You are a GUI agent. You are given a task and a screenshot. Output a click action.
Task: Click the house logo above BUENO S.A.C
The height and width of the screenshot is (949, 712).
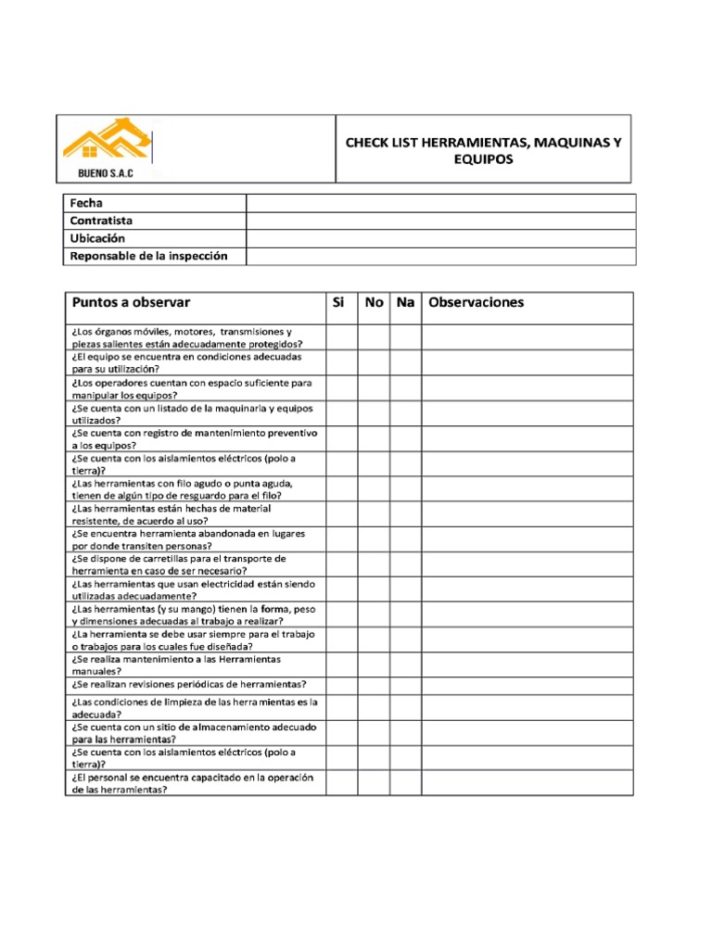coord(106,140)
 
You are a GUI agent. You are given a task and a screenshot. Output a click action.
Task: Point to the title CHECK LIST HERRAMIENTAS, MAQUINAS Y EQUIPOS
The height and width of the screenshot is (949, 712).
coord(483,150)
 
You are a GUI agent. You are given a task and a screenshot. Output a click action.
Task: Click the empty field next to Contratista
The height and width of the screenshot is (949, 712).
coord(440,221)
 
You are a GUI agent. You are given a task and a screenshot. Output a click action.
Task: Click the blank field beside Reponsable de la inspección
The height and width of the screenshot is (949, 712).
coord(440,256)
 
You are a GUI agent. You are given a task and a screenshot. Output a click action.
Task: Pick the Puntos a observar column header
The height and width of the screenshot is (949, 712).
coord(131,303)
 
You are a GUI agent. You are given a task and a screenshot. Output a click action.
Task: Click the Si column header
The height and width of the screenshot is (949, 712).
coord(339,303)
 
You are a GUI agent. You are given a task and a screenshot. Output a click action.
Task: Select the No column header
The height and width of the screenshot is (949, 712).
coord(374,303)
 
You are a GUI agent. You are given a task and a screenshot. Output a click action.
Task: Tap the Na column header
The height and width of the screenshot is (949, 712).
coord(405,303)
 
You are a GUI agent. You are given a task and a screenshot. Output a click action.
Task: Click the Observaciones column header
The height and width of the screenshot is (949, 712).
coord(476,303)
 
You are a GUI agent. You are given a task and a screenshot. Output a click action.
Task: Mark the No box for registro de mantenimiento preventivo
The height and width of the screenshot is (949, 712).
coord(374,438)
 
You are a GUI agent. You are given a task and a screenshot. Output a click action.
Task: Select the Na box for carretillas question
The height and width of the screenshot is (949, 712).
coord(405,564)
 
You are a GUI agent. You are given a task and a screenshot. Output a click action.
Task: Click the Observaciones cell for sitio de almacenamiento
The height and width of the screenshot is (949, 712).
coord(527,733)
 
